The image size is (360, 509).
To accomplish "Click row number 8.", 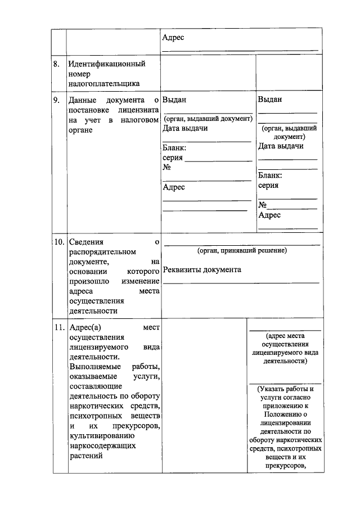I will pyautogui.click(x=56, y=64).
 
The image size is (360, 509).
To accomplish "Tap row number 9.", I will pyautogui.click(x=56, y=101).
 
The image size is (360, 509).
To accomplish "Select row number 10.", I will pyautogui.click(x=59, y=242).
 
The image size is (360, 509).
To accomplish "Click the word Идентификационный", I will pyautogui.click(x=107, y=64).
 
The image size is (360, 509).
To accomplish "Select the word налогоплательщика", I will pyautogui.click(x=104, y=84).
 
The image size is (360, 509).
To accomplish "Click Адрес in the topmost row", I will pyautogui.click(x=173, y=38).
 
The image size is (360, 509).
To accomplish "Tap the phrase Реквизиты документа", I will pyautogui.click(x=202, y=270).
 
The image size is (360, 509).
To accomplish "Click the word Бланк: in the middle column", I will pyautogui.click(x=174, y=147).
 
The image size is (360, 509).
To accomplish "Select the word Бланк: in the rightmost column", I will pyautogui.click(x=271, y=175).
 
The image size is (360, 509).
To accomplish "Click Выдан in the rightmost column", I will pyautogui.click(x=270, y=100).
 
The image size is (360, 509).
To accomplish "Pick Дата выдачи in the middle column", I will pyautogui.click(x=185, y=128).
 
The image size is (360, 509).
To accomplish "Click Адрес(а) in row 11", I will pyautogui.click(x=85, y=327).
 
